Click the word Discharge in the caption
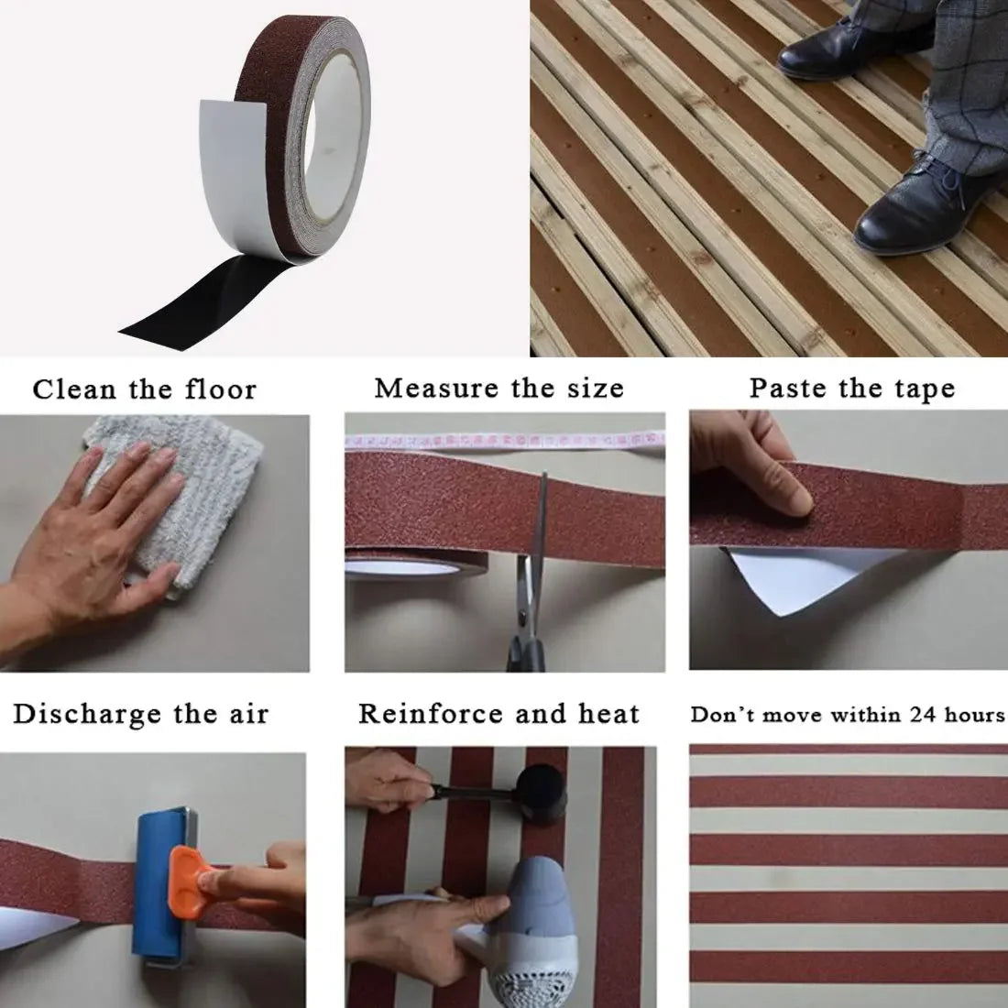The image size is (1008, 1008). click(87, 714)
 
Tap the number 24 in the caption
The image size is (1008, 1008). click(923, 714)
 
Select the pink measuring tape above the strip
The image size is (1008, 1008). click(505, 441)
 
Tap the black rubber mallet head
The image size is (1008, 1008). click(542, 794)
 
